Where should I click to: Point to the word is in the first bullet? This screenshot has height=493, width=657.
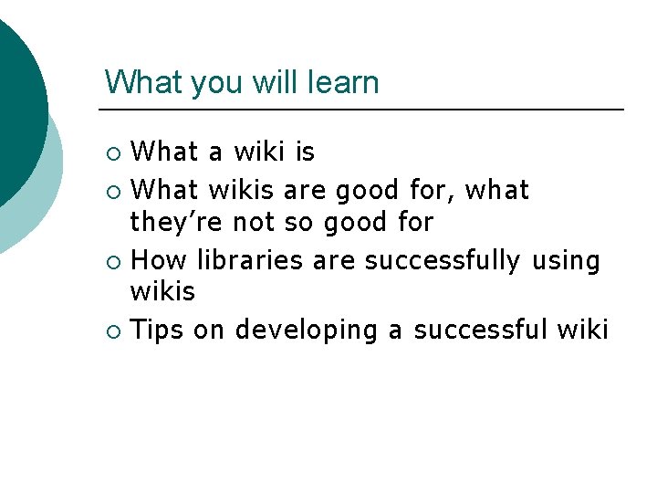(x=304, y=151)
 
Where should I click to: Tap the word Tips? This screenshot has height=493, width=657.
(x=158, y=330)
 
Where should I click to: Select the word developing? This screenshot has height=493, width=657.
(x=306, y=330)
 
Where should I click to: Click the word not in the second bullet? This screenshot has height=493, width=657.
(x=256, y=222)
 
